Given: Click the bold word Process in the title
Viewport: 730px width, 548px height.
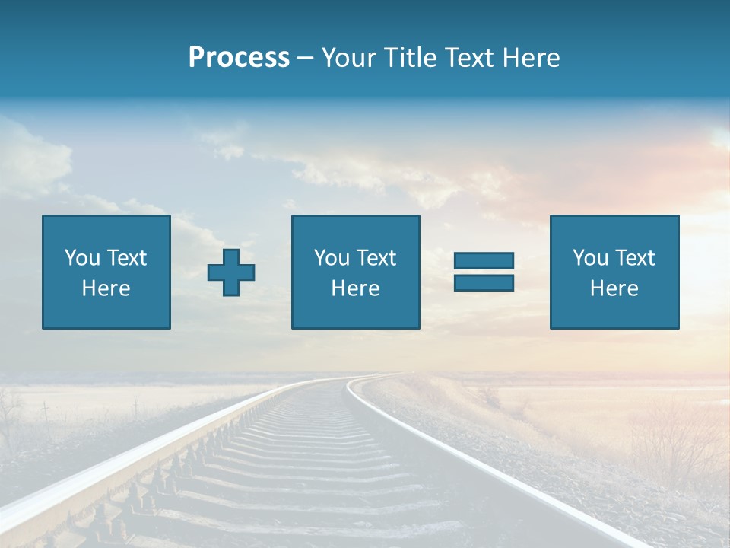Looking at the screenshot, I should [x=239, y=58].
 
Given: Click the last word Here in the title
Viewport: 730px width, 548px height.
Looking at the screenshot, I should [x=532, y=58].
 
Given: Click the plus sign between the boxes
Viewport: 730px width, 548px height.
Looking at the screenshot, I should [x=231, y=272].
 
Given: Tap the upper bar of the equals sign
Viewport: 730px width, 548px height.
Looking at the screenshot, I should [x=484, y=261].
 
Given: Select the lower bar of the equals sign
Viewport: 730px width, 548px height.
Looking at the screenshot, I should [x=484, y=282].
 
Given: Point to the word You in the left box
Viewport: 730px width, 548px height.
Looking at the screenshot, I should [x=82, y=258].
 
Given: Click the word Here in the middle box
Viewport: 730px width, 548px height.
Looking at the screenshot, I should [x=355, y=288].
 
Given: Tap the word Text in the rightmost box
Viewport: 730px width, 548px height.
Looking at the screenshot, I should [x=635, y=258].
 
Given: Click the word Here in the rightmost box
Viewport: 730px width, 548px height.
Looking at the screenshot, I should [x=614, y=288].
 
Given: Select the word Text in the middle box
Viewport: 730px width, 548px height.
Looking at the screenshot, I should [x=376, y=258].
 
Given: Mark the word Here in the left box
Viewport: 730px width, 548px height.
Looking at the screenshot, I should [x=106, y=288].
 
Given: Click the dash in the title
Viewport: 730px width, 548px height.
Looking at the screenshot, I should [x=305, y=59].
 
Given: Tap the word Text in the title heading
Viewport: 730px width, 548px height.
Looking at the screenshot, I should [x=467, y=58].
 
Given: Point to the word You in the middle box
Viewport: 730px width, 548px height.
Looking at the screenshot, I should [x=332, y=258].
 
